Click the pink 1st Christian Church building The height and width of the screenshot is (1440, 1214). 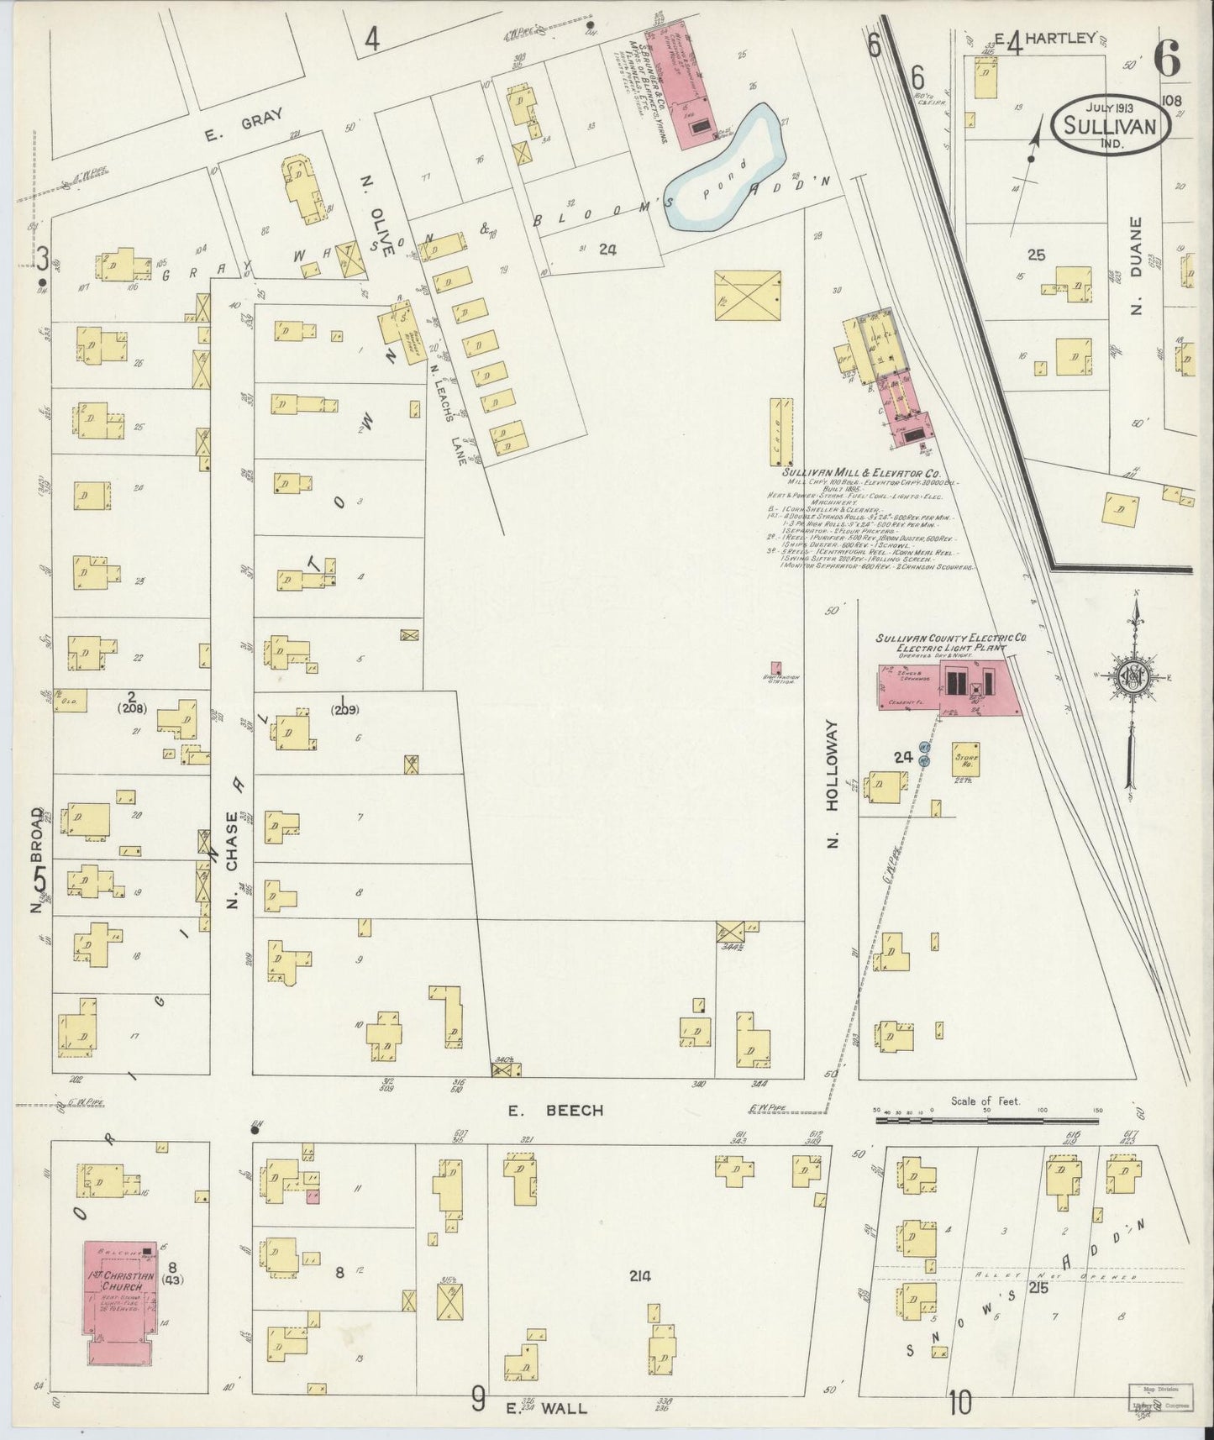[x=118, y=1294]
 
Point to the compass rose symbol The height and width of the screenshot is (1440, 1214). [x=1133, y=679]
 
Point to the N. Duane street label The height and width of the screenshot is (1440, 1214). [x=1136, y=265]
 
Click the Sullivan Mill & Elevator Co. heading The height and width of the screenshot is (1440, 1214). [x=866, y=474]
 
